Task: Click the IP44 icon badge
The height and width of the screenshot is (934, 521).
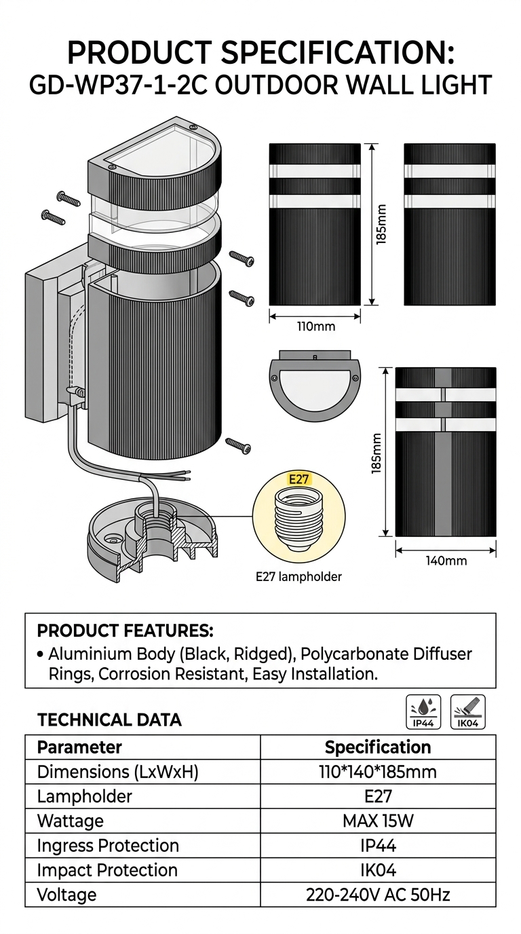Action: [x=423, y=712]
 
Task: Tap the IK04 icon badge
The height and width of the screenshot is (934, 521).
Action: [x=468, y=712]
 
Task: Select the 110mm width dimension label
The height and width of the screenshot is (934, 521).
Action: [x=316, y=326]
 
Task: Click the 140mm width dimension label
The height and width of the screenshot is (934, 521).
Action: [x=446, y=561]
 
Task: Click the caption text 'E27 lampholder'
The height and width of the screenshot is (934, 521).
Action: [x=298, y=577]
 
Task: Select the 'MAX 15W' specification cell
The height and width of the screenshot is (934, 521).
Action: [x=378, y=821]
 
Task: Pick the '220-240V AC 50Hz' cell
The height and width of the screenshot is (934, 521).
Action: [x=378, y=895]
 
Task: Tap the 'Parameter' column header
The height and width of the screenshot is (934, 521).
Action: [x=79, y=747]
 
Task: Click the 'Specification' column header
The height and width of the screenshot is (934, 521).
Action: [x=378, y=747]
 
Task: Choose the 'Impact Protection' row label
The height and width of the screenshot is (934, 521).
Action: [x=107, y=870]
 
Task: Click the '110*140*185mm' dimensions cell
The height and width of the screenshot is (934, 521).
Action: [x=378, y=772]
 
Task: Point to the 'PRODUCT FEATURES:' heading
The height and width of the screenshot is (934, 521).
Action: [x=125, y=631]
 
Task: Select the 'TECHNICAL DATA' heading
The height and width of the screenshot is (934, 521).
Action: [x=109, y=720]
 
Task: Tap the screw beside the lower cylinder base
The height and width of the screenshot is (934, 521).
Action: [x=237, y=445]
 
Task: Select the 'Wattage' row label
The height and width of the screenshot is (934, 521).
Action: [x=71, y=821]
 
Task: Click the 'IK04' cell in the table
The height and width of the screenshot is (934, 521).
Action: [x=378, y=870]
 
